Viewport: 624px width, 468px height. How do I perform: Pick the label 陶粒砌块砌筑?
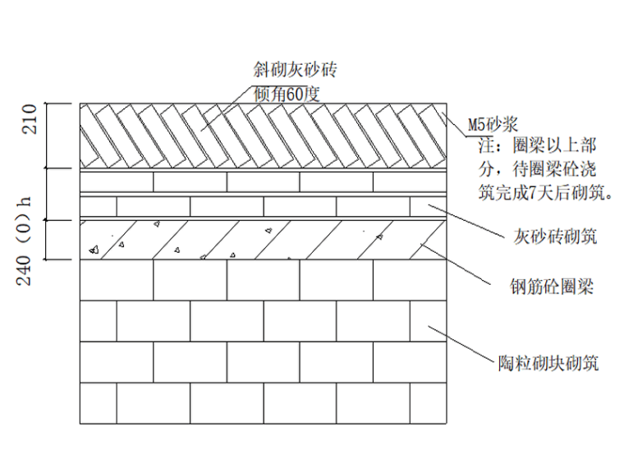[x=548, y=361]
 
